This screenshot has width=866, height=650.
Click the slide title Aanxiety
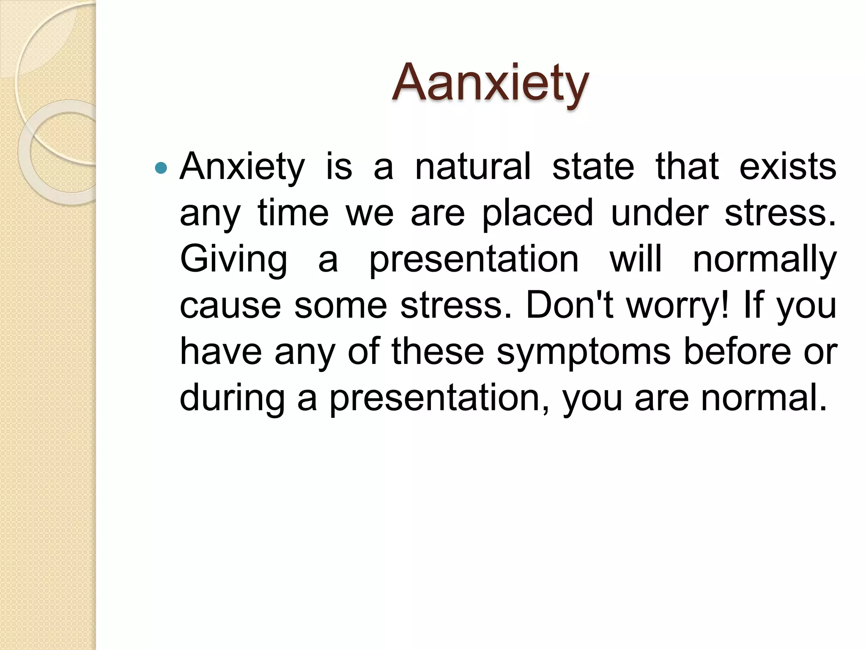tap(490, 83)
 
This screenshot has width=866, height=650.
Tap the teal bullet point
tap(161, 168)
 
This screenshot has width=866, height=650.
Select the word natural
tap(473, 167)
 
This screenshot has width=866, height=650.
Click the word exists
tap(787, 167)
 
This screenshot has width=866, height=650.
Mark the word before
tap(737, 352)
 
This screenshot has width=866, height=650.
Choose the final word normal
tap(764, 398)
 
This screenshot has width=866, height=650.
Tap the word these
tap(438, 352)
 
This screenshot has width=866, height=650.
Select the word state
tap(593, 167)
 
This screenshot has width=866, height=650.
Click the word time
tap(293, 213)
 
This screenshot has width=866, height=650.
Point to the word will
tap(635, 259)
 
